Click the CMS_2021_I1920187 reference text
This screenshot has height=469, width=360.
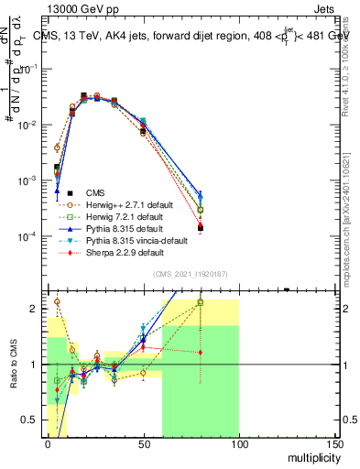(191, 273)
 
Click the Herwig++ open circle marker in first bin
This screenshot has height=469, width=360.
(57, 147)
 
